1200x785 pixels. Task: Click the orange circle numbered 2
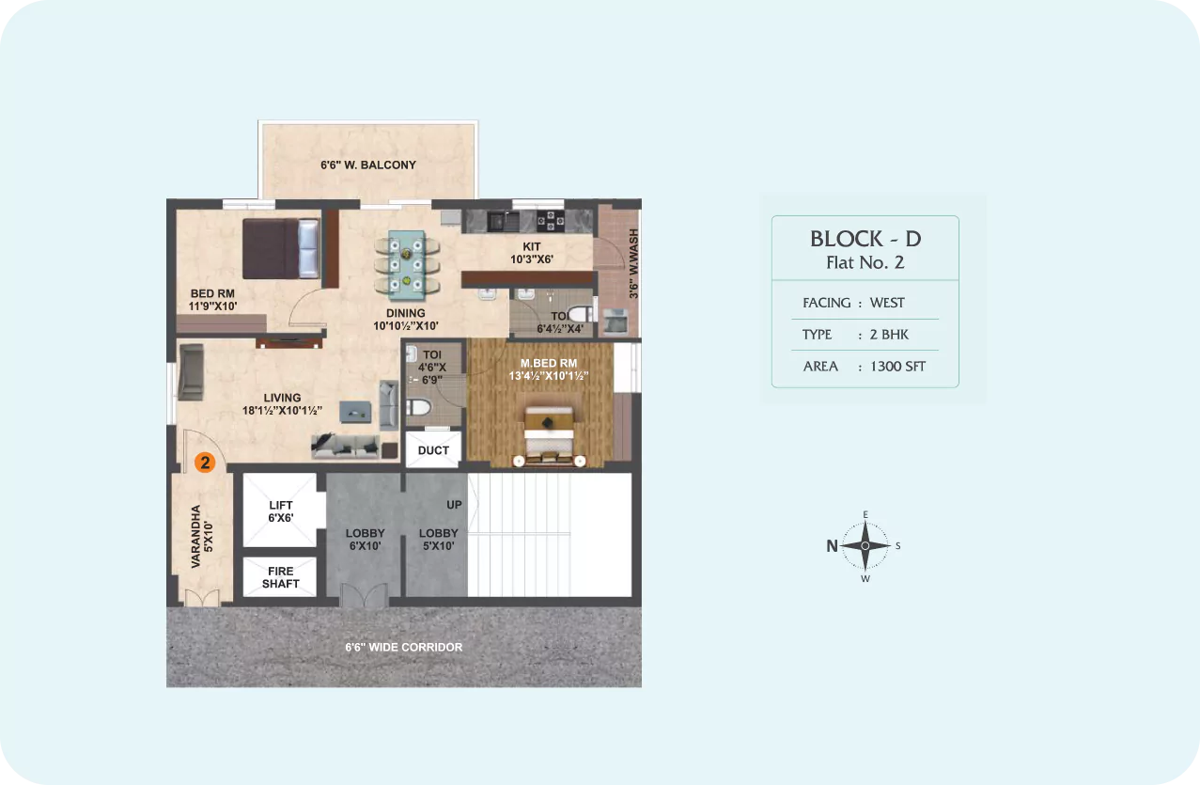click(205, 463)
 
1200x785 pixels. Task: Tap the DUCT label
click(433, 450)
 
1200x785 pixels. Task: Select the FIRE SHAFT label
click(281, 577)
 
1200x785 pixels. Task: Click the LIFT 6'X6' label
click(281, 511)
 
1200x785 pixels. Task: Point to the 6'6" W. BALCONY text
click(368, 165)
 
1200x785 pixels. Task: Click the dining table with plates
click(407, 265)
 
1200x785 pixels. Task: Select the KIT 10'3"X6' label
click(532, 253)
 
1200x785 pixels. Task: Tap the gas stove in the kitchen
click(551, 221)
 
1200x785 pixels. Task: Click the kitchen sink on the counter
click(503, 221)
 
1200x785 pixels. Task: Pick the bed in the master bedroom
click(549, 435)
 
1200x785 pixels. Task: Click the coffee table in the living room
click(355, 412)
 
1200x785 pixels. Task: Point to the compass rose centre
click(865, 545)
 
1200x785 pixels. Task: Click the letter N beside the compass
click(832, 546)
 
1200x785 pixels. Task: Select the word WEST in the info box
click(887, 303)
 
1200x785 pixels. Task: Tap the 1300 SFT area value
click(897, 367)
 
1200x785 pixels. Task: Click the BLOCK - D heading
click(865, 239)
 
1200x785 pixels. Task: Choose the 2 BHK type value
click(889, 335)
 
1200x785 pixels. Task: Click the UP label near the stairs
click(454, 505)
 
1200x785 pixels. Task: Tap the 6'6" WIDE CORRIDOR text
click(403, 648)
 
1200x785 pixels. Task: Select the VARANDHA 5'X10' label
click(201, 537)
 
